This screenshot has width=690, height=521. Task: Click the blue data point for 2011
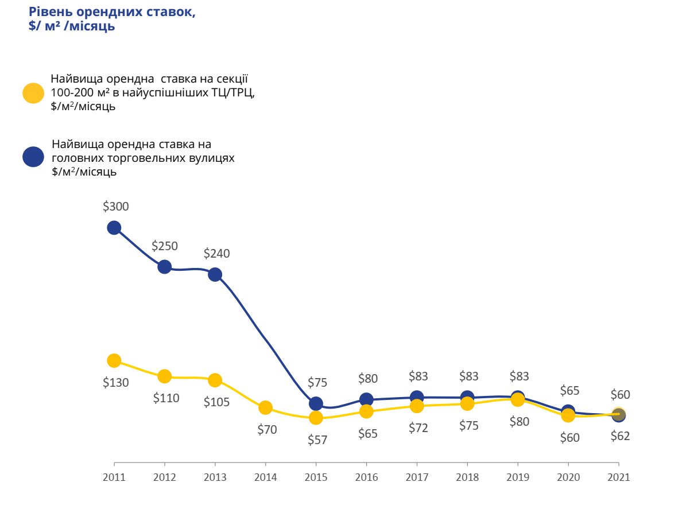pyautogui.click(x=114, y=228)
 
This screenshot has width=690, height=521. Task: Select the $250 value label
pyautogui.click(x=165, y=246)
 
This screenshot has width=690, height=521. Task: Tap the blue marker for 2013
pyautogui.click(x=215, y=274)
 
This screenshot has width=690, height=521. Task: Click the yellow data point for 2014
pyautogui.click(x=265, y=408)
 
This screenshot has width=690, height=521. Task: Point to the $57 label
pyautogui.click(x=317, y=440)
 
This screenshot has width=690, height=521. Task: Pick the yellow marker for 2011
pyautogui.click(x=114, y=360)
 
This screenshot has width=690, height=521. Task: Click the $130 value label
pyautogui.click(x=116, y=383)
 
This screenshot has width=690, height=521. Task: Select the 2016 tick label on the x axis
pyautogui.click(x=366, y=477)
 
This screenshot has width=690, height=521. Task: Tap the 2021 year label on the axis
pyautogui.click(x=618, y=477)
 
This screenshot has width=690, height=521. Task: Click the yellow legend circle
pyautogui.click(x=33, y=93)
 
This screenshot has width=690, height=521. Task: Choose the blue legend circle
pyautogui.click(x=33, y=157)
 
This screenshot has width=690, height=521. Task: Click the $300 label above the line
pyautogui.click(x=116, y=207)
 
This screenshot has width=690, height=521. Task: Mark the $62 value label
pyautogui.click(x=619, y=436)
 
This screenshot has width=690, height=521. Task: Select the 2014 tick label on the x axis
pyautogui.click(x=265, y=477)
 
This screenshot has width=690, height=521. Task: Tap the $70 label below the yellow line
pyautogui.click(x=267, y=429)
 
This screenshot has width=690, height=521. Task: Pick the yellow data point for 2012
pyautogui.click(x=165, y=376)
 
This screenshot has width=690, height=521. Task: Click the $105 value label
pyautogui.click(x=216, y=402)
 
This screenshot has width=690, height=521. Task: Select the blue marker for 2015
pyautogui.click(x=316, y=403)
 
